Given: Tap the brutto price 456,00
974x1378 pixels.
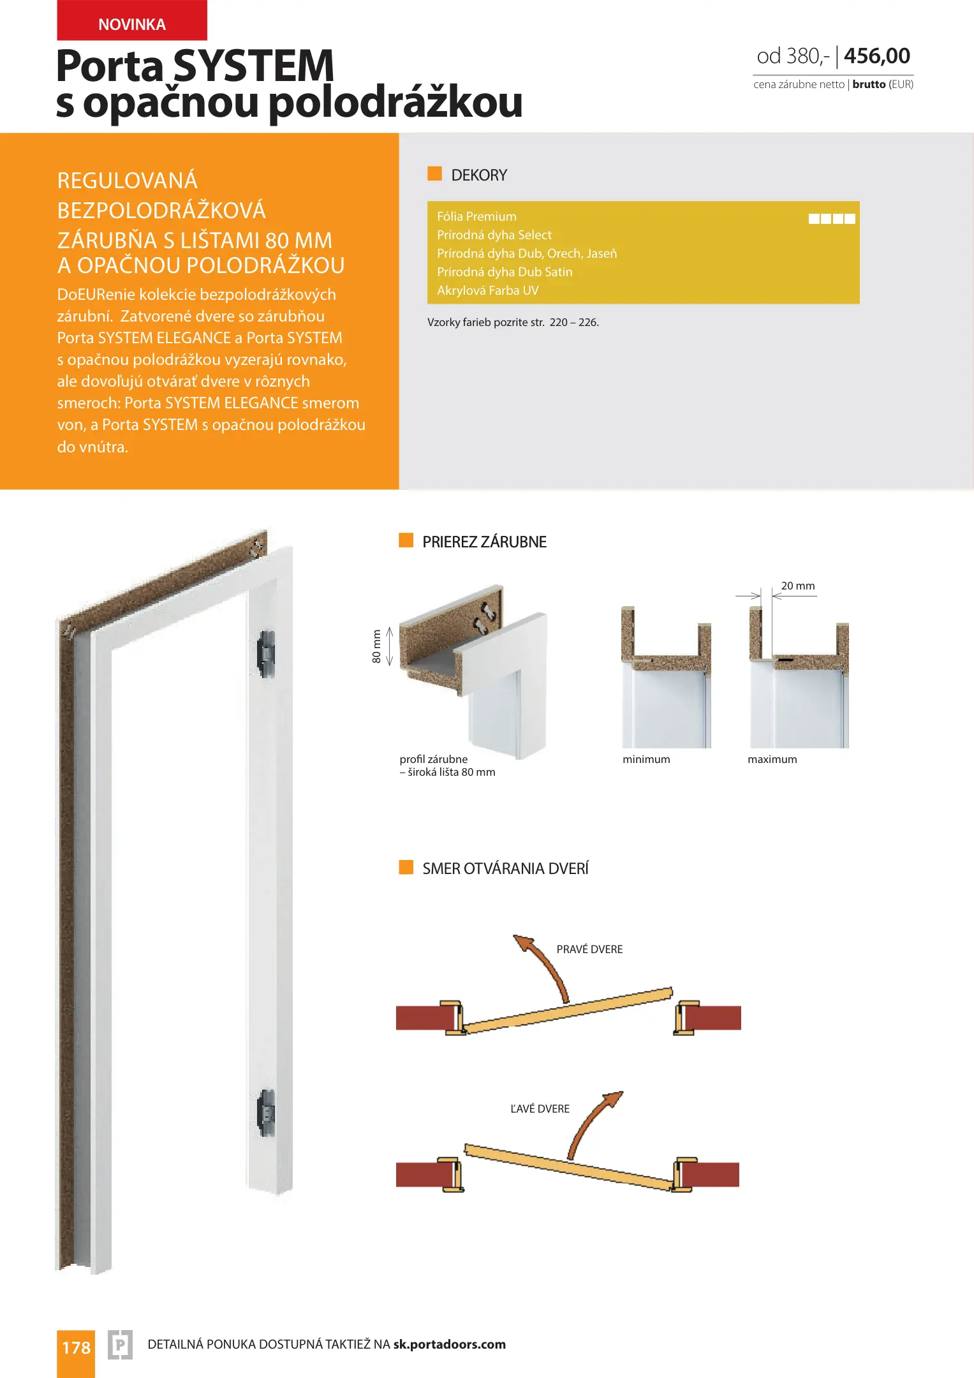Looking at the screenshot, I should click(876, 56).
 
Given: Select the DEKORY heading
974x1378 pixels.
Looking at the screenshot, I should click(478, 175).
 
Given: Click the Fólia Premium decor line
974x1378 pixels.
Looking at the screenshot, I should click(476, 217).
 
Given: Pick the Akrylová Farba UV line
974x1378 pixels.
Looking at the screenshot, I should click(487, 291).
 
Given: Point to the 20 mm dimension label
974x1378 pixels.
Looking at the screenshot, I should click(797, 586).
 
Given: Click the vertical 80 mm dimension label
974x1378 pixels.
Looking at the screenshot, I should click(376, 646).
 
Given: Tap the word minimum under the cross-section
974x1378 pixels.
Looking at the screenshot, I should click(646, 759).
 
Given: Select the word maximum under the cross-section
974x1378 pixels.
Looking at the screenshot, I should click(772, 759).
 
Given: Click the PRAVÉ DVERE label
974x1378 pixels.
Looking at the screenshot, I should click(589, 949).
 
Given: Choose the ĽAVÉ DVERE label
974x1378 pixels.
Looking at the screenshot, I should click(540, 1109).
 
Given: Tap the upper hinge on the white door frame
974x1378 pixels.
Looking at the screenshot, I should click(266, 653).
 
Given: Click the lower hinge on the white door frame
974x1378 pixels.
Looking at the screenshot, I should click(266, 1113).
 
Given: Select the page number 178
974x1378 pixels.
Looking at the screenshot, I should click(76, 1348).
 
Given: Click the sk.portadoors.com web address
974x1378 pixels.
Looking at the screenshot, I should click(449, 1345).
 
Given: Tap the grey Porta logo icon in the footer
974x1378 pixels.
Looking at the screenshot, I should click(120, 1345).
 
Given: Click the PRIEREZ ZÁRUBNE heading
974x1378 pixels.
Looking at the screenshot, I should click(484, 542).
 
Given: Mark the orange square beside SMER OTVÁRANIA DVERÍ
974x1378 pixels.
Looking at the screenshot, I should click(406, 867).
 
